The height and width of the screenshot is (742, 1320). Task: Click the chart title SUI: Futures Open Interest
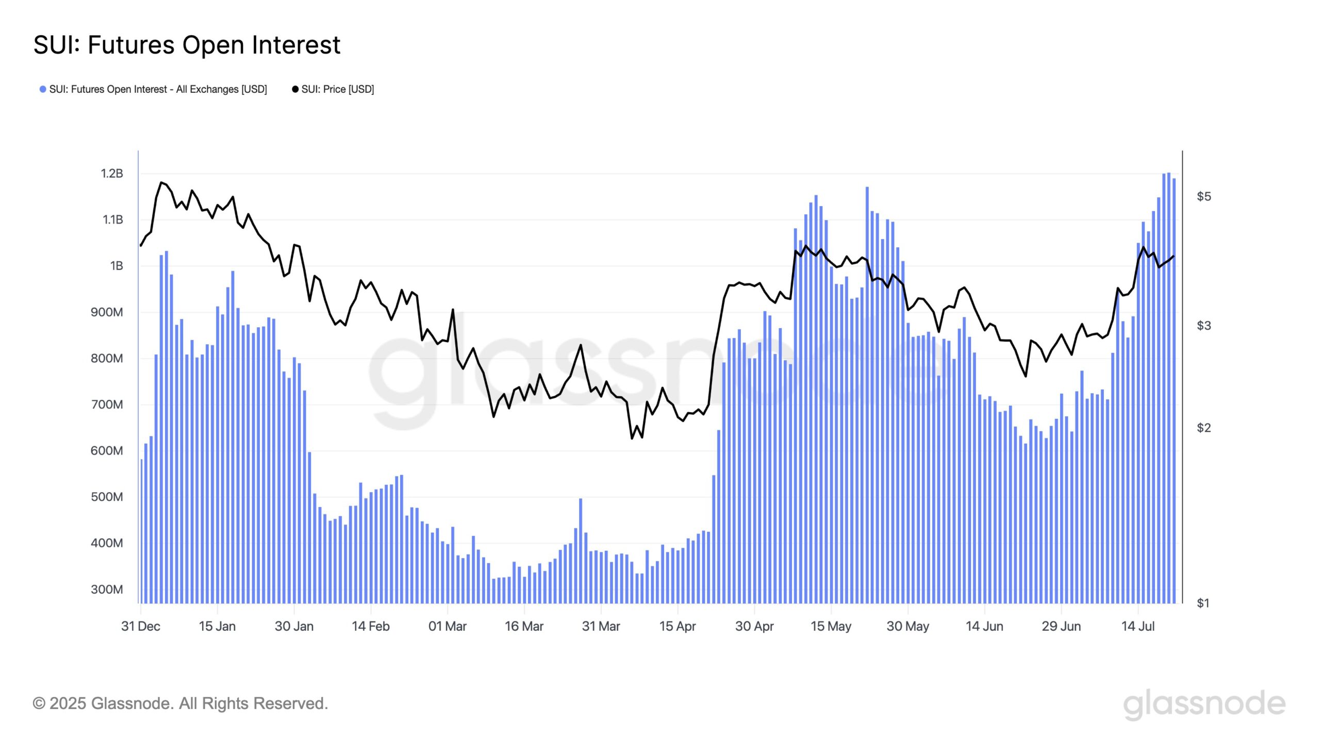(x=187, y=45)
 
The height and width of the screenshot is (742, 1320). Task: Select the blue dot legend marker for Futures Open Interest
(x=43, y=89)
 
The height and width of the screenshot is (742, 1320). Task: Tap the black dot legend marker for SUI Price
(x=295, y=89)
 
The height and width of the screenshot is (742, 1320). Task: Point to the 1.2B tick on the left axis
(x=112, y=173)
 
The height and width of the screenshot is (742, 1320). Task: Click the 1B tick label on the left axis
(x=117, y=266)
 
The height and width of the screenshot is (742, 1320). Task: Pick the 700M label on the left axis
(x=107, y=404)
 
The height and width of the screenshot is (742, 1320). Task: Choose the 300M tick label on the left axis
(x=107, y=589)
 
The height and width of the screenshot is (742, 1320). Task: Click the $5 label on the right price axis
(x=1204, y=196)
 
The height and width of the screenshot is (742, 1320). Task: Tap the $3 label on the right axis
(x=1204, y=326)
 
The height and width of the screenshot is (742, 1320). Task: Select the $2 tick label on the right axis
(x=1204, y=428)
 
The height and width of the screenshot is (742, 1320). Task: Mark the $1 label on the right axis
(x=1203, y=603)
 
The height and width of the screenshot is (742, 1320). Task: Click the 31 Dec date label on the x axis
(x=140, y=626)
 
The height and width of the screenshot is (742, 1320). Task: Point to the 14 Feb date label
(x=371, y=626)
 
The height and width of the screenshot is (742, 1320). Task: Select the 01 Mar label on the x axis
(x=447, y=626)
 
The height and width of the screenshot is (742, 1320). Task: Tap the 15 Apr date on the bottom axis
(x=678, y=626)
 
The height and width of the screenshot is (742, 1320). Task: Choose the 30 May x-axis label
(x=907, y=626)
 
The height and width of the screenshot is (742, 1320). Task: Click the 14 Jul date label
(x=1138, y=626)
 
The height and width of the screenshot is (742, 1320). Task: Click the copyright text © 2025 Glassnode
(x=180, y=703)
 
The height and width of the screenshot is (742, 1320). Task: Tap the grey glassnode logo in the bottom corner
(x=1204, y=704)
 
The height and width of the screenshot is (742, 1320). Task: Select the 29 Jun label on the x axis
(x=1061, y=626)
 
